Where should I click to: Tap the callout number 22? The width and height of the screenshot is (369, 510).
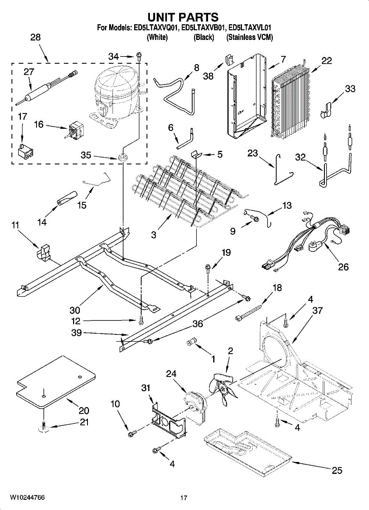click(326, 61)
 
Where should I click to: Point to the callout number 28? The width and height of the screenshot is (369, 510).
click(35, 37)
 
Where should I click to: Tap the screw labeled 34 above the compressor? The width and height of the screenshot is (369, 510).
click(139, 56)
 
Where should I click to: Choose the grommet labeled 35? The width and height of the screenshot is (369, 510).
click(123, 156)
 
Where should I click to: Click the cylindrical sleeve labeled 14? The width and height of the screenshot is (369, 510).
click(66, 198)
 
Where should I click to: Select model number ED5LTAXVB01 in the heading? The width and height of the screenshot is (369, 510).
click(203, 28)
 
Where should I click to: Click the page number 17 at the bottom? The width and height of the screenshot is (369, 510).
click(183, 498)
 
